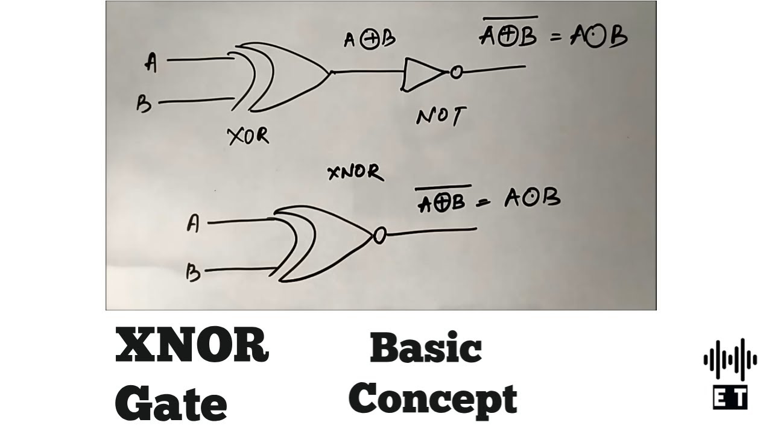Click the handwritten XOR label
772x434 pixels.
coord(248,137)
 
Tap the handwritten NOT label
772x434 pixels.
coord(441,116)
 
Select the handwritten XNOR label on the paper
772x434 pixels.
coord(355,173)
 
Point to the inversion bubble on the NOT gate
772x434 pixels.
coord(456,73)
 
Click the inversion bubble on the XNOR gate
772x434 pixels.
coord(379,236)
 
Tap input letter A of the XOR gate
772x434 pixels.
coord(151,61)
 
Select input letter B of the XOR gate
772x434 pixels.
coord(144,105)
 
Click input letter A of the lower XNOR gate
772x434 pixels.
coord(193,224)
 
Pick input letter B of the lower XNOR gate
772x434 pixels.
coord(193,273)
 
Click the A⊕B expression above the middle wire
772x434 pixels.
coord(369,40)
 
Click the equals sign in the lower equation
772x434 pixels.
coord(482,204)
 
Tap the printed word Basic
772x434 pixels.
coord(426,348)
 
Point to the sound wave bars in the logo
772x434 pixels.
coord(730,360)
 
